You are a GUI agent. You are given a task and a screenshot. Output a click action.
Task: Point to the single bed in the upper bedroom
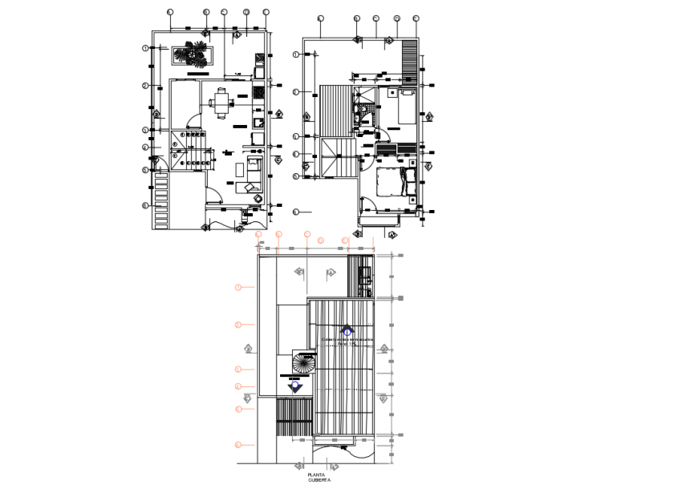coord(404,106)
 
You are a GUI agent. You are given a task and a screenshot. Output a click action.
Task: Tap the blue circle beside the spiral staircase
coord(296,386)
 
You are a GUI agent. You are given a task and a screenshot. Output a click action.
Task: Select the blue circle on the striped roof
coord(347,329)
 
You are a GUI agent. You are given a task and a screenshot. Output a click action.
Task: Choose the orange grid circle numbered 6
coord(238,444)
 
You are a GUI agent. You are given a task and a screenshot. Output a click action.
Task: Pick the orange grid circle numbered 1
coord(238,286)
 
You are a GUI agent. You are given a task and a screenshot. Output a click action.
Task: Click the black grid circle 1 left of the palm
coord(146,48)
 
